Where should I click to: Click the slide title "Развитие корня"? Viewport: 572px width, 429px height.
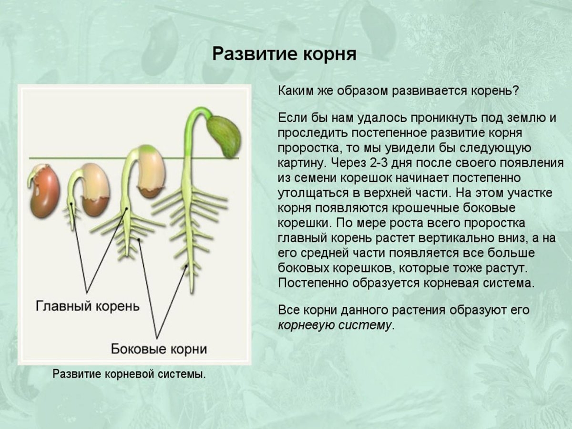click(x=284, y=54)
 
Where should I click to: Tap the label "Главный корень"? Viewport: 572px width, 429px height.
click(x=88, y=306)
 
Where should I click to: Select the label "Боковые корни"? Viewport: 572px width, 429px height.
click(x=159, y=349)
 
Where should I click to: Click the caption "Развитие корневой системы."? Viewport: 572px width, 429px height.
click(x=129, y=374)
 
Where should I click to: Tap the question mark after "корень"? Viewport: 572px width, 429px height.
click(x=515, y=91)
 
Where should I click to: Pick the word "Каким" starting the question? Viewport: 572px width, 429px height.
click(x=296, y=91)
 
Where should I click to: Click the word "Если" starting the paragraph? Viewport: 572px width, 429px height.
click(x=292, y=118)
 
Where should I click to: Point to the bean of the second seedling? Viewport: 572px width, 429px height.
click(x=96, y=189)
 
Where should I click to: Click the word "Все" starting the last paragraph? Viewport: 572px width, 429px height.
click(x=289, y=310)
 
